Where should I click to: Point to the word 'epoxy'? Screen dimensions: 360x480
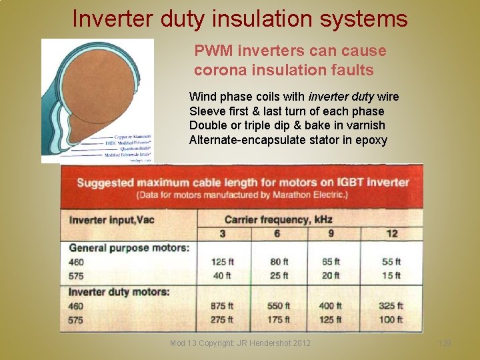click(372, 139)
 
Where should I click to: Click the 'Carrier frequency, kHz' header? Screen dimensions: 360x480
click(278, 219)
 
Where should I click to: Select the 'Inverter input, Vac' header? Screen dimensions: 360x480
click(112, 219)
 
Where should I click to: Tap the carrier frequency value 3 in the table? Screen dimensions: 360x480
click(223, 233)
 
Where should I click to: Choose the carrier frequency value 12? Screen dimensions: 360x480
click(391, 233)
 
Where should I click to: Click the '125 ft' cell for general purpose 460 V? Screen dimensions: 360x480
click(222, 262)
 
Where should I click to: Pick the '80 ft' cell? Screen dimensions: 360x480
click(279, 262)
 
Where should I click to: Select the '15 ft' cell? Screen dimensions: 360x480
click(391, 275)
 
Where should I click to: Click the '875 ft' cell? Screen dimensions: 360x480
click(222, 306)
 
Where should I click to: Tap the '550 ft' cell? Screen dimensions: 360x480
click(279, 306)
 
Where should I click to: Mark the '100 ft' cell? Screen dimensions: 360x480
click(391, 320)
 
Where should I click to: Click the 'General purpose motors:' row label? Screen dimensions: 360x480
click(129, 248)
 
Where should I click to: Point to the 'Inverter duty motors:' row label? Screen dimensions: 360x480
click(119, 291)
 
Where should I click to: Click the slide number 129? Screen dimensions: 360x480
click(445, 343)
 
